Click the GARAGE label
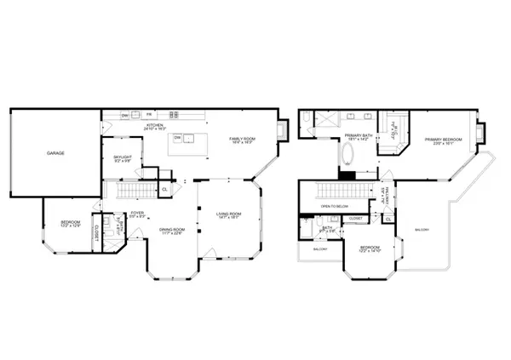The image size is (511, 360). [55, 153]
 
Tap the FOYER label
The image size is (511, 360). [135, 214]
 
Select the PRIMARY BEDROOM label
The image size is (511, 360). [445, 140]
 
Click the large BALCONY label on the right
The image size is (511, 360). [422, 230]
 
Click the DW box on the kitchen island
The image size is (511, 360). [177, 136]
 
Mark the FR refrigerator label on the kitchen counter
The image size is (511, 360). [148, 115]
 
